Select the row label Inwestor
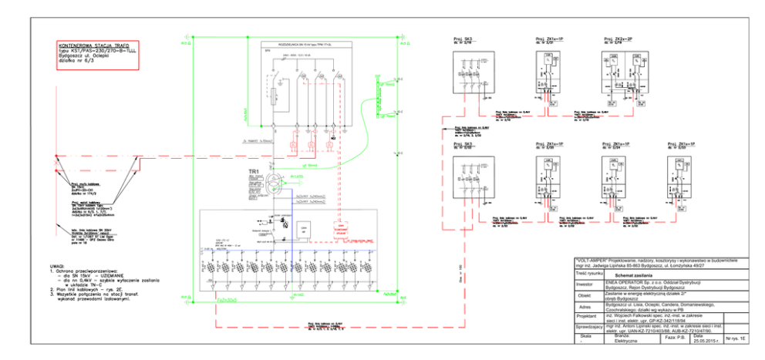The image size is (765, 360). click(588, 284)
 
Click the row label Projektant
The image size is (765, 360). click(588, 316)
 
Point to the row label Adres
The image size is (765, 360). click(588, 306)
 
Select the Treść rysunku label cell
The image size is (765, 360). click(588, 274)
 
